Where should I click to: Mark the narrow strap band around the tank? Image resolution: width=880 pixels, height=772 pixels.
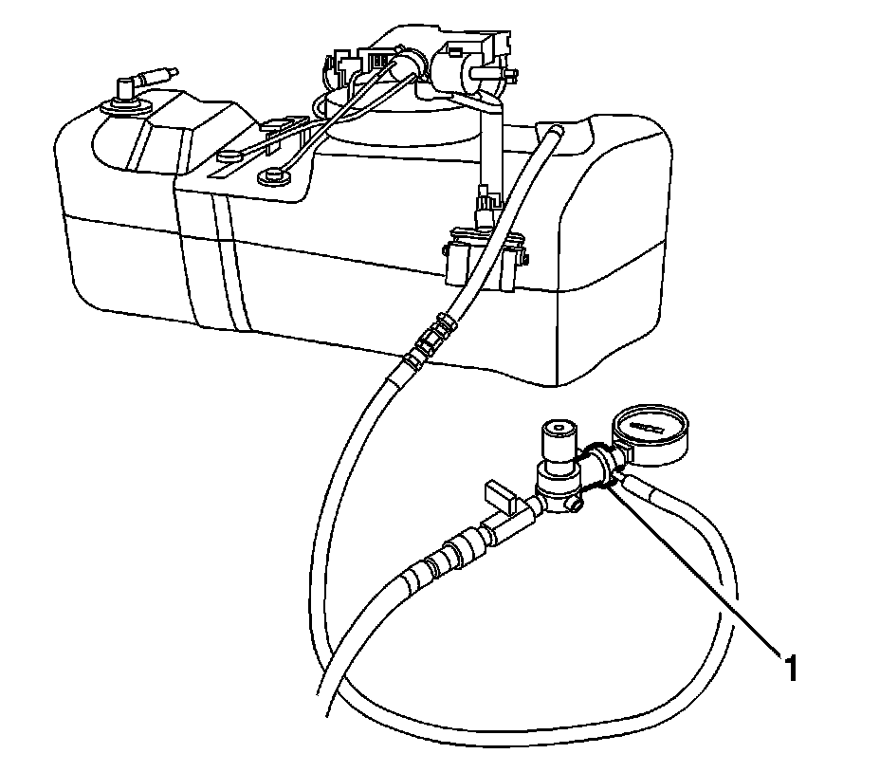(x=223, y=256)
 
